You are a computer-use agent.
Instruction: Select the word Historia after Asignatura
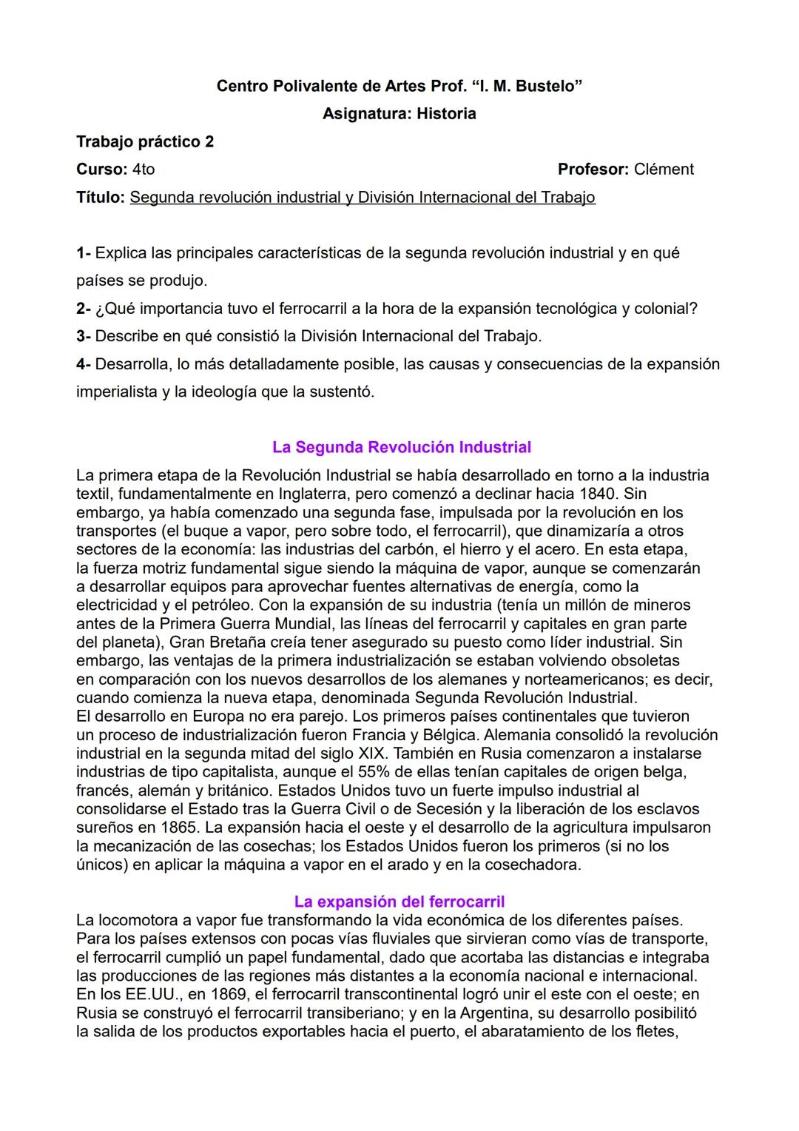[446, 113]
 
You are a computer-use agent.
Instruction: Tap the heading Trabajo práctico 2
[145, 141]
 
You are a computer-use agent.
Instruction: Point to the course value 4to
[144, 169]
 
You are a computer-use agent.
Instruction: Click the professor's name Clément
[664, 169]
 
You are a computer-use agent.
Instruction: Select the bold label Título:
[101, 197]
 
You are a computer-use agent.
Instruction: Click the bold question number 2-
[84, 308]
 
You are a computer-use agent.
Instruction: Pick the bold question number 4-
[84, 363]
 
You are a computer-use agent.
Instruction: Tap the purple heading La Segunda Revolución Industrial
[402, 447]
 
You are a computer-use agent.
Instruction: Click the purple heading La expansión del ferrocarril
[399, 902]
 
